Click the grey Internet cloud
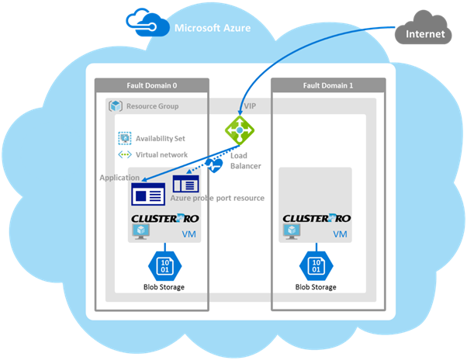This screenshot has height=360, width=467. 427,31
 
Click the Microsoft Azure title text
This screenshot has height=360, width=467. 212,29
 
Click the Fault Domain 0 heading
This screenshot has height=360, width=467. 151,85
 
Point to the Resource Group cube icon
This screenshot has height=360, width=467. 116,106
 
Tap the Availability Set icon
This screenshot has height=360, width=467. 124,138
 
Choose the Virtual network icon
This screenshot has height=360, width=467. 124,154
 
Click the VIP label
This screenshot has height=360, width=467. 249,106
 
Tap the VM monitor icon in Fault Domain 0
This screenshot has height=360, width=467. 142,234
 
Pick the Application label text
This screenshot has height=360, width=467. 119,178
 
